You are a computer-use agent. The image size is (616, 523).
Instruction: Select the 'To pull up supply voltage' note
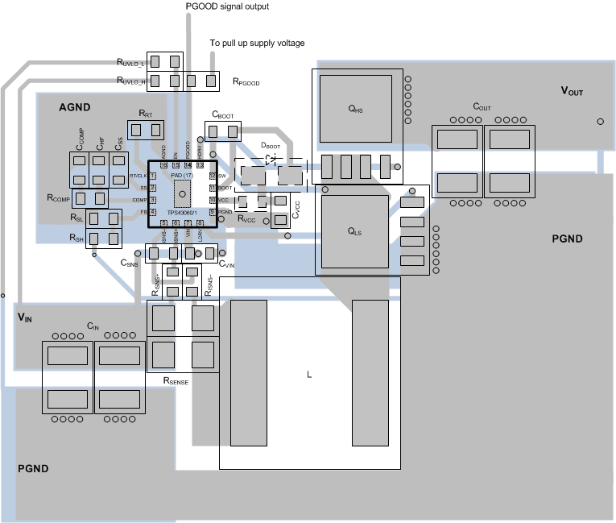(257, 43)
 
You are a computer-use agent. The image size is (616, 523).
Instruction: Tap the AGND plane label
(75, 107)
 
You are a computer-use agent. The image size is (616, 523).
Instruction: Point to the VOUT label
(572, 92)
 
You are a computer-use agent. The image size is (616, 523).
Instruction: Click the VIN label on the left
(25, 318)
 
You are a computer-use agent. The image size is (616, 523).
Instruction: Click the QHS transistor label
(355, 110)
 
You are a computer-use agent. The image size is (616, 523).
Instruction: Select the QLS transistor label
(355, 231)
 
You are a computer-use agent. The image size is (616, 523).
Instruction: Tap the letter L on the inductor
(308, 375)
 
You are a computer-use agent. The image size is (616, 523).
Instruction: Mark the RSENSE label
(176, 380)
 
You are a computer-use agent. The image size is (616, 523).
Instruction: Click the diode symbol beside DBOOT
(271, 160)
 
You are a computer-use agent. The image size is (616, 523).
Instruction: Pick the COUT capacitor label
(482, 107)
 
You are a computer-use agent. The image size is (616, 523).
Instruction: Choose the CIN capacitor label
(93, 326)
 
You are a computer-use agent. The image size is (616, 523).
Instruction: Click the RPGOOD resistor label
(246, 81)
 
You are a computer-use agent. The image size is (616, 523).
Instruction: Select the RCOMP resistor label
(59, 197)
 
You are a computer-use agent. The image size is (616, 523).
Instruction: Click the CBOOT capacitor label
(222, 115)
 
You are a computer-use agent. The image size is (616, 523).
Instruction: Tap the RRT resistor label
(146, 114)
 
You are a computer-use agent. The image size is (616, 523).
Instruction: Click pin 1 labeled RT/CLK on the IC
(151, 176)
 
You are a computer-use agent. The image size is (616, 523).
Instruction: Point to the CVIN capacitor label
(227, 263)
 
